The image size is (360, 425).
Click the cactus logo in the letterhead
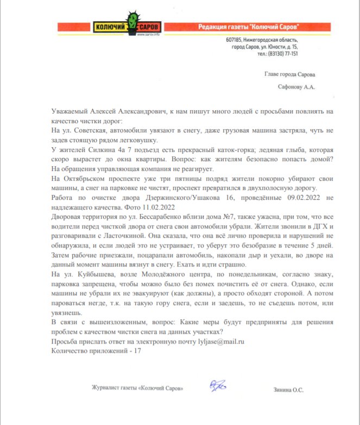pyautogui.click(x=133, y=23)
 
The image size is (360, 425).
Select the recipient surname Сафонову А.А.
pyautogui.click(x=296, y=86)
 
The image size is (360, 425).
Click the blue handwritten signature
pyautogui.click(x=218, y=386)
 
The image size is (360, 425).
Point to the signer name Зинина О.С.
pyautogui.click(x=289, y=390)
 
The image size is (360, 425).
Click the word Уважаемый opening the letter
pyautogui.click(x=72, y=110)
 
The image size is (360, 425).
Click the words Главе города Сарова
pyautogui.click(x=289, y=74)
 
